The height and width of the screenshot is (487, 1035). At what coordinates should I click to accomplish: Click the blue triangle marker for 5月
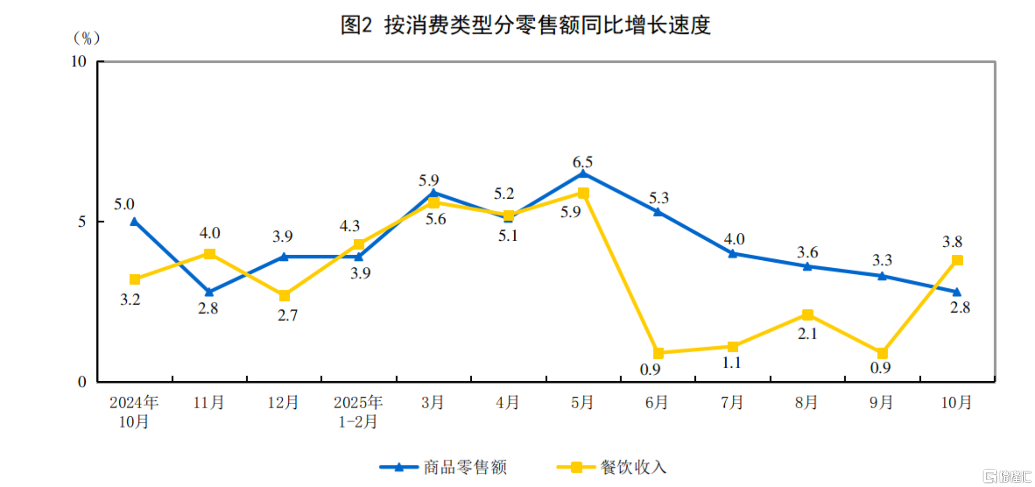coord(583,174)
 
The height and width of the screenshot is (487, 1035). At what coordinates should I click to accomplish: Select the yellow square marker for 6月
coord(658,353)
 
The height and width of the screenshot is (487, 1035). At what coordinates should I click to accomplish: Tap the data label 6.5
coord(583,162)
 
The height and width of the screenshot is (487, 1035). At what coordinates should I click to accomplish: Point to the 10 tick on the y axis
coord(79,61)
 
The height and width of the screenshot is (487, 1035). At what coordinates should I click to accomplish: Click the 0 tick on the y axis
coord(82,382)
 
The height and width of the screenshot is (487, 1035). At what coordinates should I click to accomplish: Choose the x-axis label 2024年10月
coord(134,412)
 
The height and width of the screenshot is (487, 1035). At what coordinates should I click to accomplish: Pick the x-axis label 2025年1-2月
coord(358,412)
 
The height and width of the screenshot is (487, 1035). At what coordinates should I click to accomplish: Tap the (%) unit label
coord(87,38)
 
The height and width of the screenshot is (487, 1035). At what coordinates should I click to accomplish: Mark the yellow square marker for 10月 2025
coord(957,260)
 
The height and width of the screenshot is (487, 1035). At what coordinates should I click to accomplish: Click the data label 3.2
coord(130,299)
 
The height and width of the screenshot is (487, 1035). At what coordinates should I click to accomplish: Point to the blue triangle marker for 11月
coord(209,292)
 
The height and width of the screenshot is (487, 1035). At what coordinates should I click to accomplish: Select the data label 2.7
coord(287,315)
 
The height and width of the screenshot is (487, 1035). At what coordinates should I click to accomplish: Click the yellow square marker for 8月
coord(808,315)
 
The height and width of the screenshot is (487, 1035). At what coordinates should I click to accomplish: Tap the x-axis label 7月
coord(732,403)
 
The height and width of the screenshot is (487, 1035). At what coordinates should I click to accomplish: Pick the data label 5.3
coord(659,198)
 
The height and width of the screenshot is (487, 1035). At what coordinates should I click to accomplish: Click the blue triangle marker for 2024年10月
coord(134,221)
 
